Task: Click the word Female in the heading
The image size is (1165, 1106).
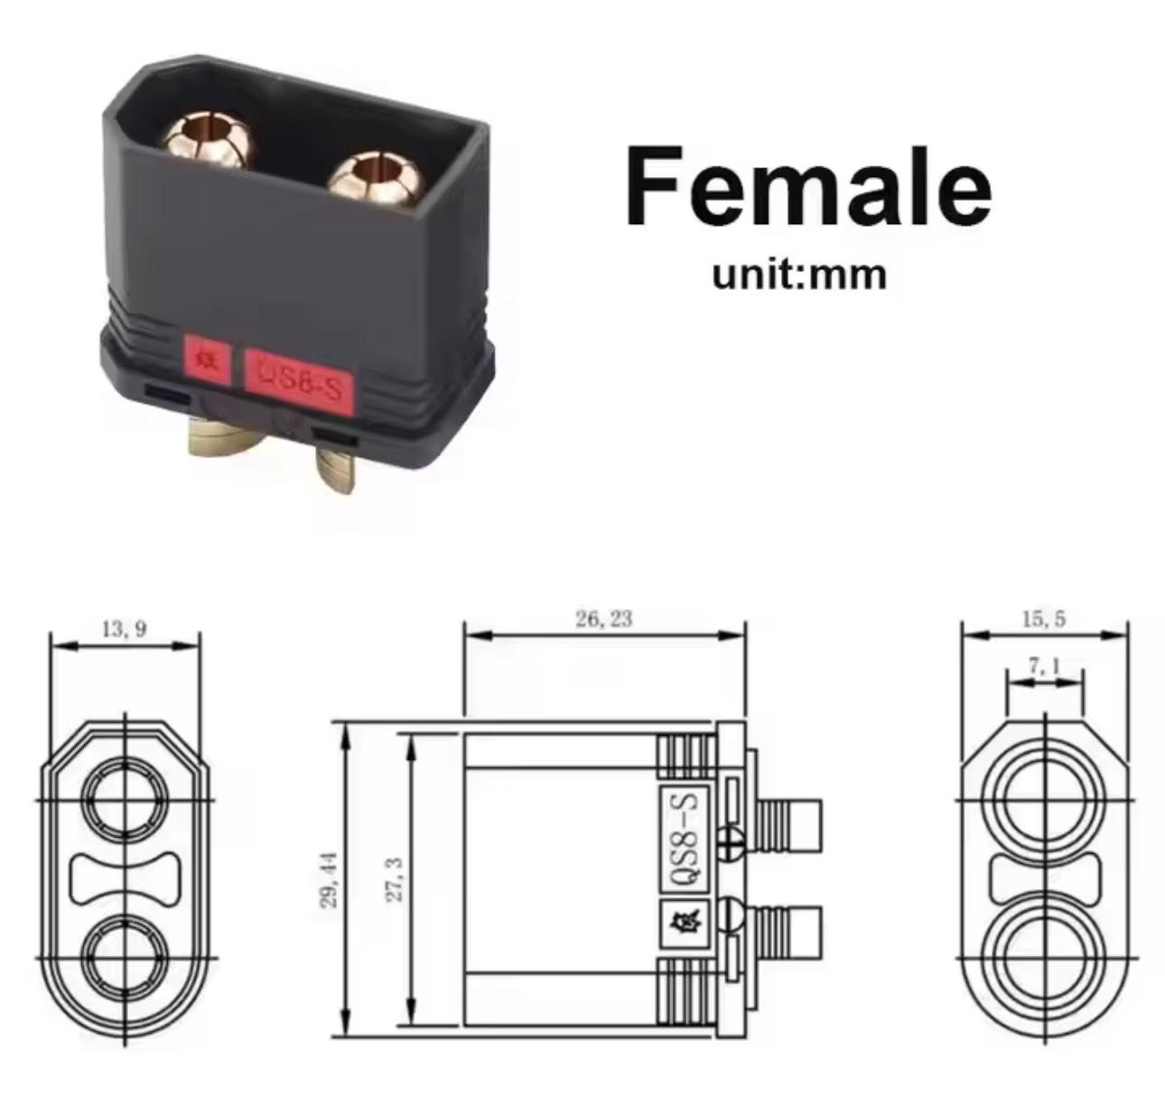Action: [x=807, y=187]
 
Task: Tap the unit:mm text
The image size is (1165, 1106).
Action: [x=798, y=274]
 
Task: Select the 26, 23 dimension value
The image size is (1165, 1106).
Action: [x=604, y=619]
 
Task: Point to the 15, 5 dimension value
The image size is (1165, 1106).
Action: [x=1044, y=619]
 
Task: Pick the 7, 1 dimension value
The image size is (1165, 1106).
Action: [x=1044, y=667]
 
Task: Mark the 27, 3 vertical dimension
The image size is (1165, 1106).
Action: [x=394, y=879]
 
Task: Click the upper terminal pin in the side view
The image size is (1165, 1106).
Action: [x=792, y=823]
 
